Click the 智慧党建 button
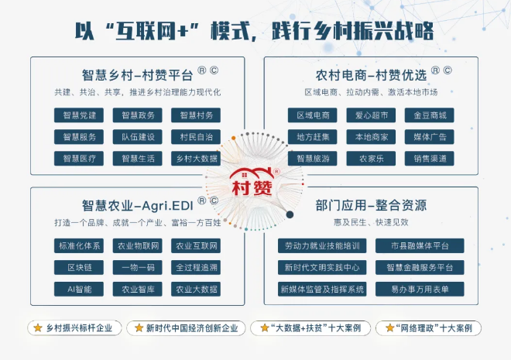79,115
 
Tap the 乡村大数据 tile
196,159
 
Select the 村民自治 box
196,137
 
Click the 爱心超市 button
371,115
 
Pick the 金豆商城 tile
429,115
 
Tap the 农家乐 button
371,159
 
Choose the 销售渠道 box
429,159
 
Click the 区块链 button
79,267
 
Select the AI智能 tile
79,290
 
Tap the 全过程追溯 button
196,267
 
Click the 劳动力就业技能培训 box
322,245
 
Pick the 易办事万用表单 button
420,290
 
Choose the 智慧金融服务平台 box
420,267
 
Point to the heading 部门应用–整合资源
371,205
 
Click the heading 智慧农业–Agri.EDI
138,206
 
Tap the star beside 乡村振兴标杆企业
38,327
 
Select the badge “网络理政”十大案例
428,328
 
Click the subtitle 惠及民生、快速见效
371,222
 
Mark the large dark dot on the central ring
290,214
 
